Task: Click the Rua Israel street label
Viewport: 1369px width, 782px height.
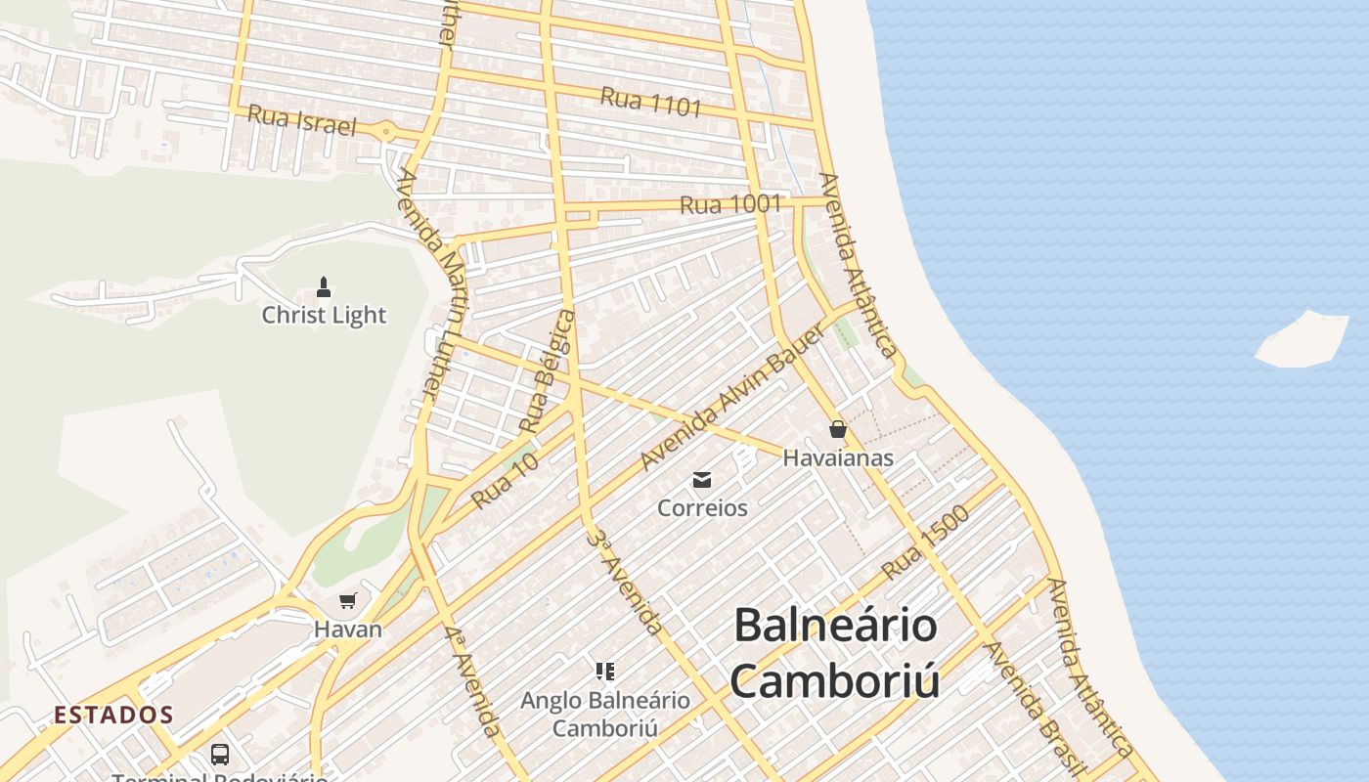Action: (x=301, y=120)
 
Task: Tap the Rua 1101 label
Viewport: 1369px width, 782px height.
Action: (x=651, y=102)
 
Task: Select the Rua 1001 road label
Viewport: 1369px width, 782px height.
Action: (x=730, y=205)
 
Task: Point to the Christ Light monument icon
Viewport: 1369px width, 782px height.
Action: (x=324, y=287)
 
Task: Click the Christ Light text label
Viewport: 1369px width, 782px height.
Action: (x=324, y=316)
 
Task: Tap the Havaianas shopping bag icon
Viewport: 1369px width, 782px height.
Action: (x=837, y=429)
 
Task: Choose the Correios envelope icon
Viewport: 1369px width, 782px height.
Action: (x=702, y=480)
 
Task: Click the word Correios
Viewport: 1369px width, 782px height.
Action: (x=702, y=508)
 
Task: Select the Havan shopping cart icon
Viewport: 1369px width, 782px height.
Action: (x=347, y=600)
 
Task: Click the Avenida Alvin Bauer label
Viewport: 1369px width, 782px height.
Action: (x=733, y=396)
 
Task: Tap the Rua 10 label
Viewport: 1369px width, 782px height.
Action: (x=505, y=481)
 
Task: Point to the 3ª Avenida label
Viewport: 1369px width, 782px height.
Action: (x=626, y=582)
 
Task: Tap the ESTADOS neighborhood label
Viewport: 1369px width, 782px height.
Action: (x=113, y=716)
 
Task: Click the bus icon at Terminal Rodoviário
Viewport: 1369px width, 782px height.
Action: (x=220, y=755)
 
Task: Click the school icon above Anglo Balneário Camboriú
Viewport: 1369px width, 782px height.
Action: (x=605, y=672)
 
